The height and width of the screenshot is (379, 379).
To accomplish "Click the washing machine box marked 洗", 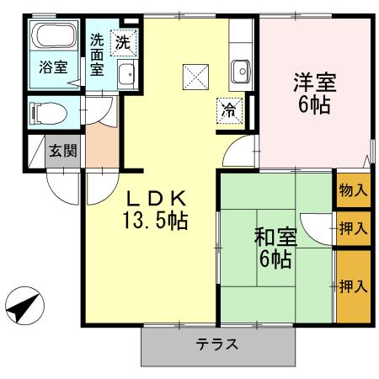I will (x=124, y=41).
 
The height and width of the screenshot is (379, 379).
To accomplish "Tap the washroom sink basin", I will (x=127, y=75).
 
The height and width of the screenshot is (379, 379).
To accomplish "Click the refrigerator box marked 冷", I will (x=228, y=109).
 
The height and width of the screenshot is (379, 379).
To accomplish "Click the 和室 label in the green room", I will (x=275, y=237).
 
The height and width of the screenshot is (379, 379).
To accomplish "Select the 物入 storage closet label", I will (x=353, y=190).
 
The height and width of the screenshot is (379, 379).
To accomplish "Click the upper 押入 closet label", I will (x=353, y=227).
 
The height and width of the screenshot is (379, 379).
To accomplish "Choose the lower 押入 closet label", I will (x=353, y=287).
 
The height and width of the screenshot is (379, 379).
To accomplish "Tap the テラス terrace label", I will (x=218, y=344).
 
